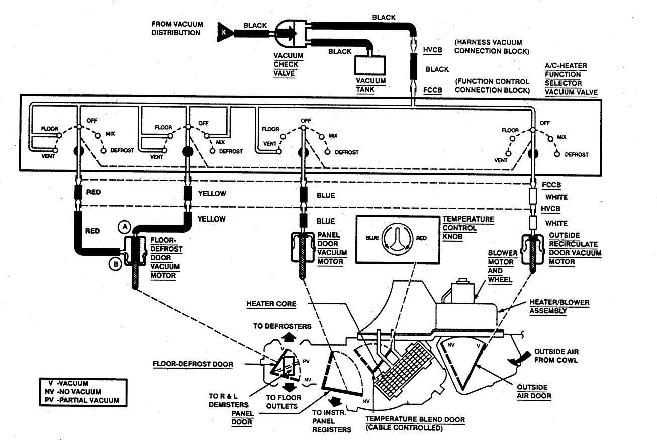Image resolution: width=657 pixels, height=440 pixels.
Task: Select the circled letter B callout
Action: [x=115, y=263]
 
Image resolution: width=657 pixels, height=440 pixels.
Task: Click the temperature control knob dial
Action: [x=397, y=237]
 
